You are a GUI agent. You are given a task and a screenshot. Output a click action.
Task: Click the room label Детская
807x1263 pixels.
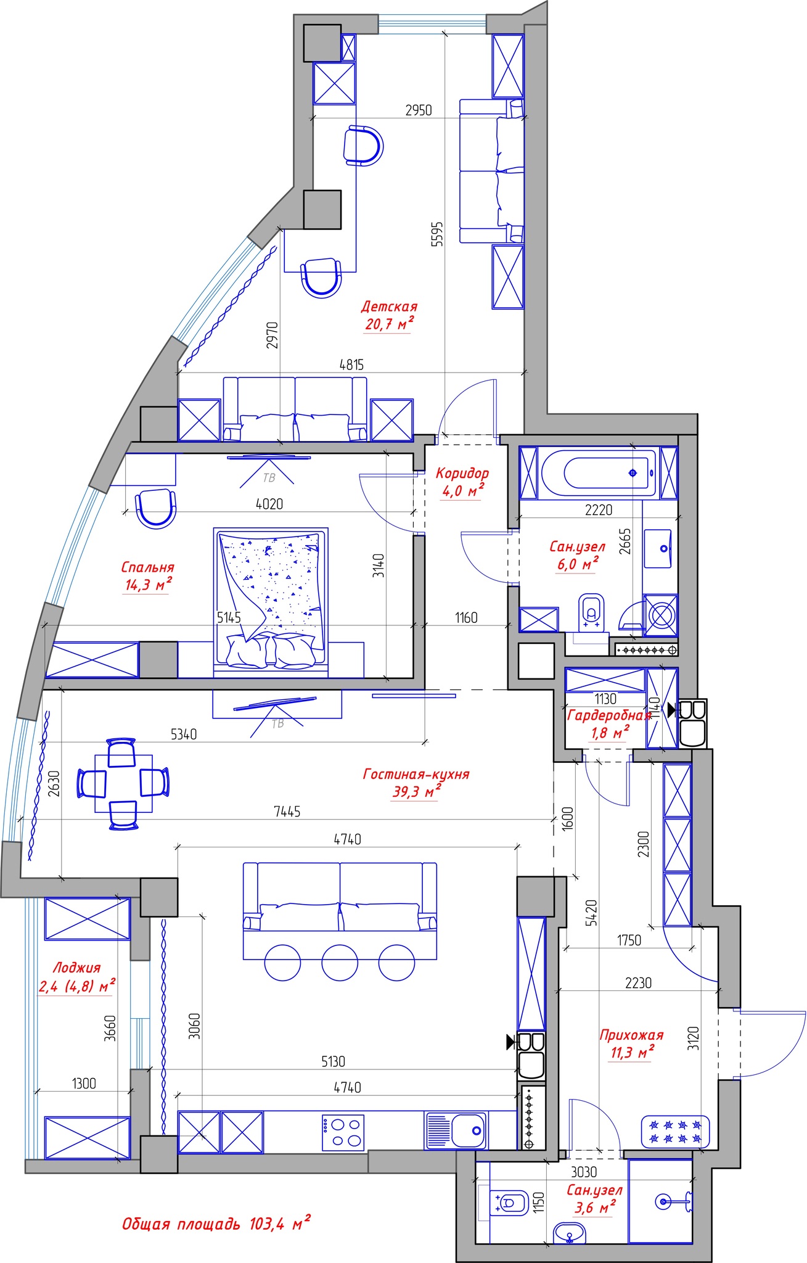click(389, 306)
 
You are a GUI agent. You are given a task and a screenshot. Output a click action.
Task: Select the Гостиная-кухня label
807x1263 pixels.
click(416, 774)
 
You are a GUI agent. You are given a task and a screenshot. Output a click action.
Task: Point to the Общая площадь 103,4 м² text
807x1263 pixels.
click(216, 1224)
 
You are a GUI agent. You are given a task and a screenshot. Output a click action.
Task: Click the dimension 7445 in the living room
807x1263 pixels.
click(287, 812)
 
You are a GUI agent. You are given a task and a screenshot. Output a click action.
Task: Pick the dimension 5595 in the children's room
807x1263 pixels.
click(437, 234)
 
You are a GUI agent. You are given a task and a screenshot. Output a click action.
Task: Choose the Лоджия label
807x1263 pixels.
click(76, 968)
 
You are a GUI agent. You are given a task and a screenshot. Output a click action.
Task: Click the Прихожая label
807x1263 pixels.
click(631, 1035)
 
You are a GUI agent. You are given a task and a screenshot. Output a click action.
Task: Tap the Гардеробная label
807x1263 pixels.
click(609, 715)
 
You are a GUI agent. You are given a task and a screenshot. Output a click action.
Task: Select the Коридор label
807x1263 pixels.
click(462, 474)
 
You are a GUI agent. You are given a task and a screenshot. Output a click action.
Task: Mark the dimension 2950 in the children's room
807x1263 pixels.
click(419, 110)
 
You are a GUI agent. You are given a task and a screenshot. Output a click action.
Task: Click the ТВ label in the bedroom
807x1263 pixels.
click(269, 478)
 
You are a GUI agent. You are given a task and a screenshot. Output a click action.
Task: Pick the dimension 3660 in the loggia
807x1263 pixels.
click(110, 1028)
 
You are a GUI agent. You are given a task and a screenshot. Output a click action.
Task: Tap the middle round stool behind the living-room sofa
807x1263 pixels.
click(340, 963)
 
